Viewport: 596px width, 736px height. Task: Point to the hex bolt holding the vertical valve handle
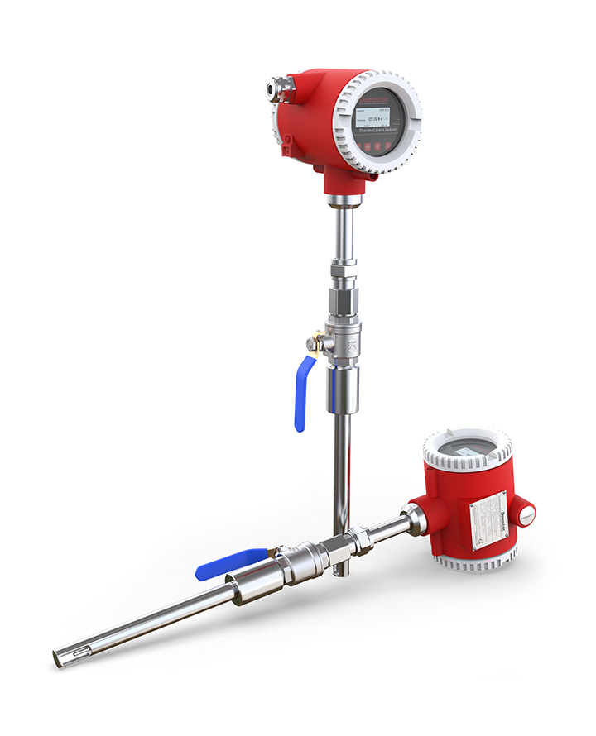coord(313,343)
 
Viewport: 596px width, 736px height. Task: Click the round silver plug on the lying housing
coord(526,514)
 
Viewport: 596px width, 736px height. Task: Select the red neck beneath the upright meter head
coord(339,180)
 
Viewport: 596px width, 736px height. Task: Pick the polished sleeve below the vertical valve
coord(342,390)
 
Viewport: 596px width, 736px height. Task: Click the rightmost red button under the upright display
coord(389,146)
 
